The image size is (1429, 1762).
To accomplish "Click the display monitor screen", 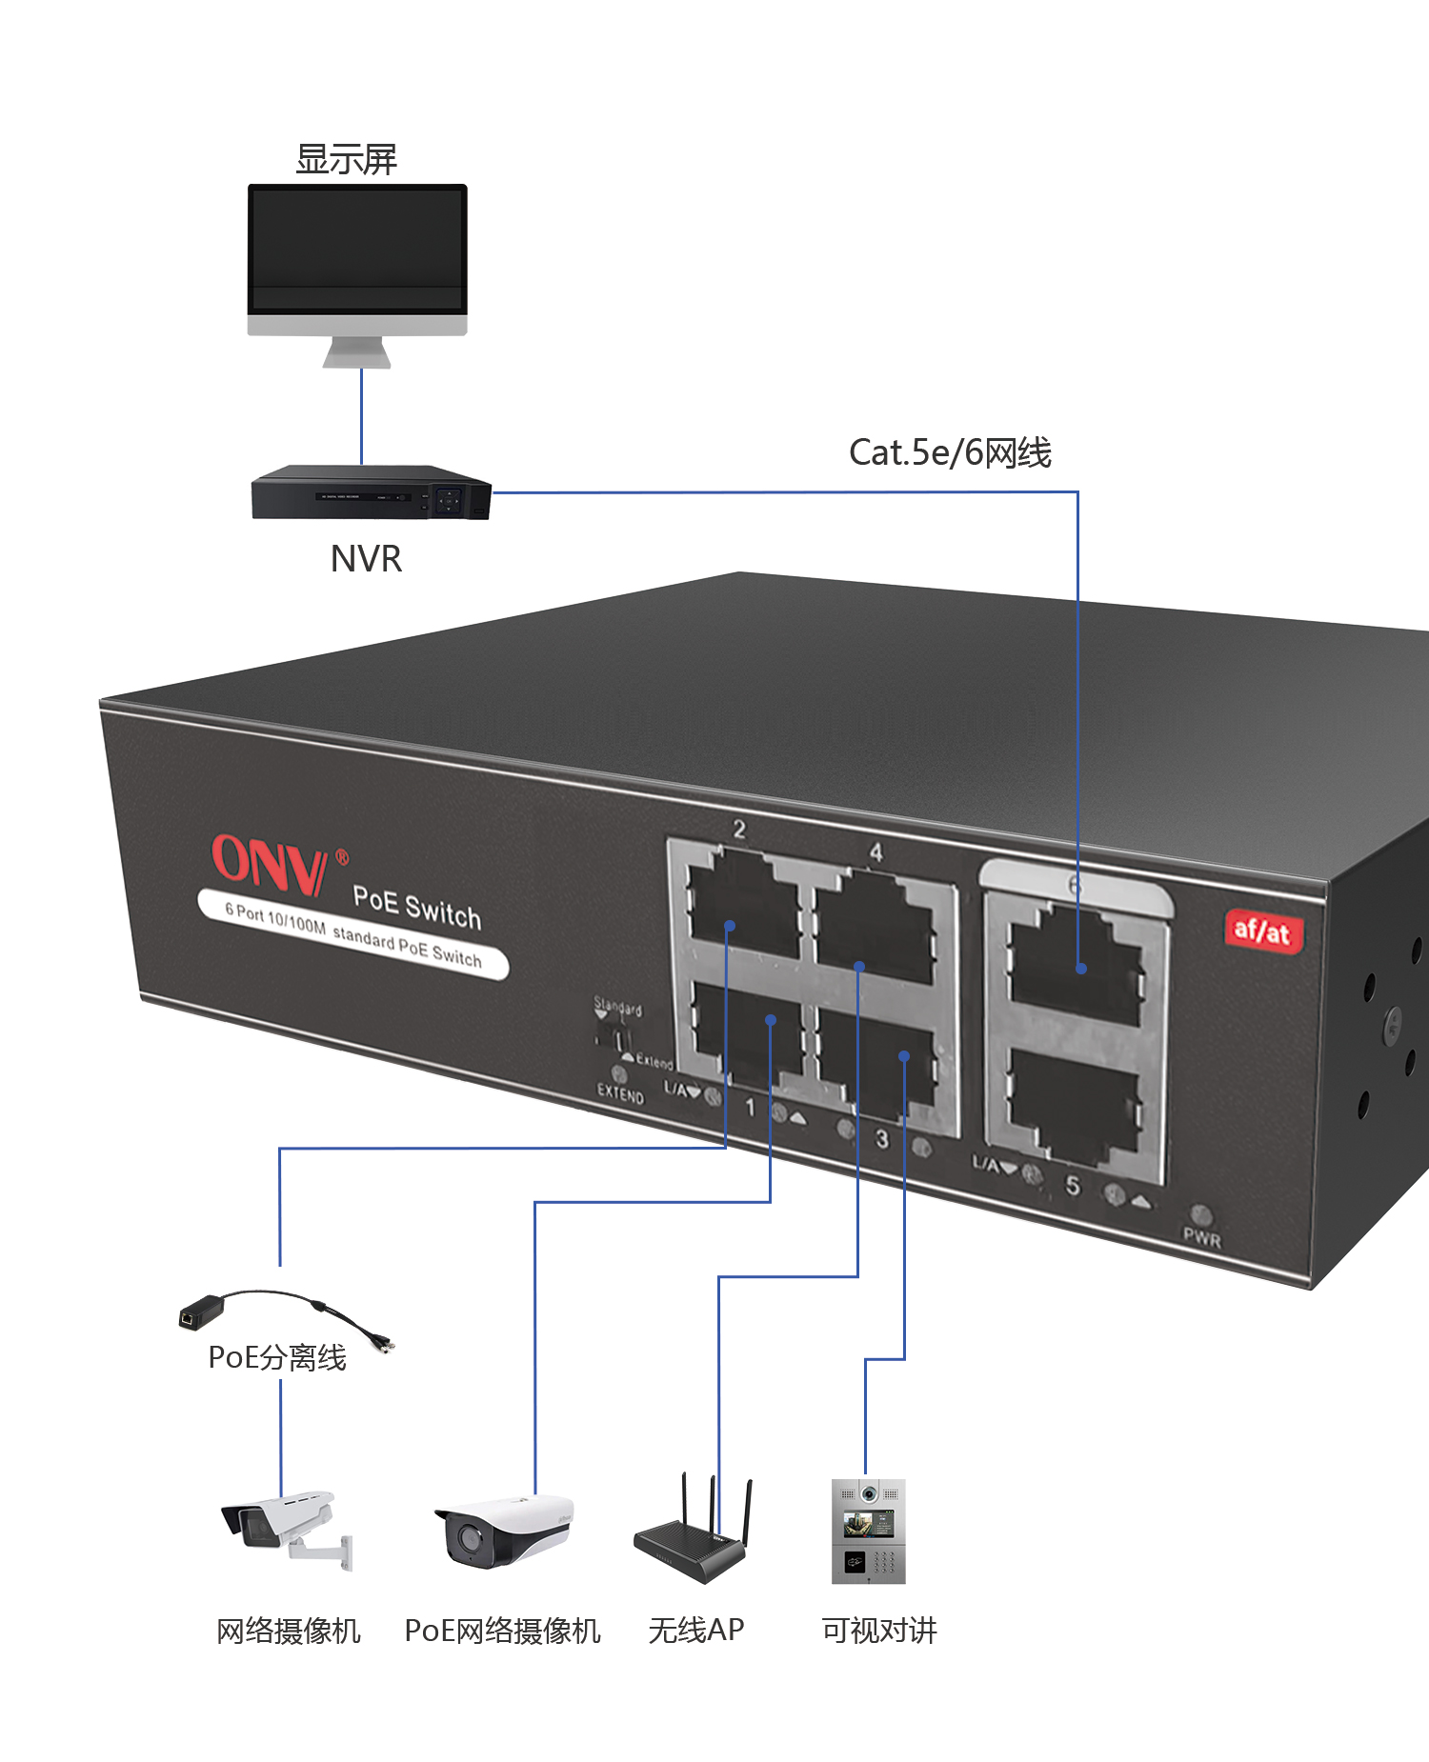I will coord(357,248).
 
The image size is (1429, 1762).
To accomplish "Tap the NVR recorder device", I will coord(371,493).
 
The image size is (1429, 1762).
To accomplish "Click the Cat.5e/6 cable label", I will coord(950,452).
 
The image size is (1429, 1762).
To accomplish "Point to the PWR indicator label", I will coord(1201,1238).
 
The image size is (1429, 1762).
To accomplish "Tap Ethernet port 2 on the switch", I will coord(743,900).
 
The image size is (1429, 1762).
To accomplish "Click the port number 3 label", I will coord(882,1138).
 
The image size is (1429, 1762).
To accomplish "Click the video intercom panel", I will coord(868,1531).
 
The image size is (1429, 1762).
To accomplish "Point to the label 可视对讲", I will coord(879,1631).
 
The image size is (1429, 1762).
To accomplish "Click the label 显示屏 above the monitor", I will coord(346,159).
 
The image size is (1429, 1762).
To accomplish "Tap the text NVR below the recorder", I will coord(366,559).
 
